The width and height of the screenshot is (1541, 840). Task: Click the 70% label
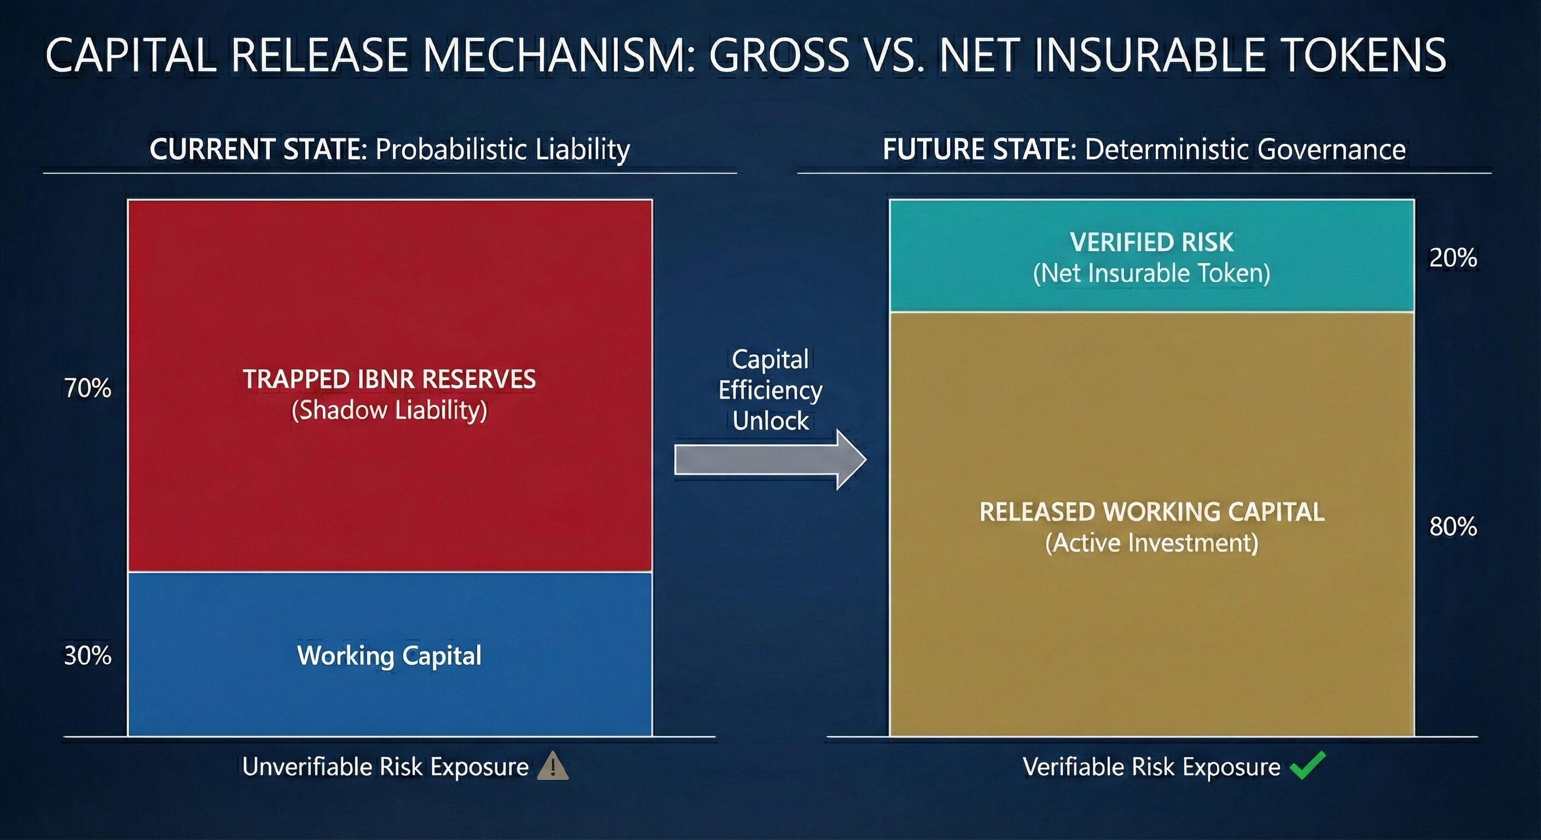88,388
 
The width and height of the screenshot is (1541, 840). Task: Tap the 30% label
88,656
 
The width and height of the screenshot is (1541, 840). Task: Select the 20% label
1453,258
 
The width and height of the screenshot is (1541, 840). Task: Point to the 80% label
1453,527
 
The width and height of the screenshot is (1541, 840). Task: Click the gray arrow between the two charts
770,459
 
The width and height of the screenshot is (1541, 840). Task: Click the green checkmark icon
1308,765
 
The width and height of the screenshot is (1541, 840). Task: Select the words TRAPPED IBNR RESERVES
390,379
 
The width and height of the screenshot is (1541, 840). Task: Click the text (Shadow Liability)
390,411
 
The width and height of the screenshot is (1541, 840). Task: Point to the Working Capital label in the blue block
390,656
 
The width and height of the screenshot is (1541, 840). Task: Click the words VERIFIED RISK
1151,242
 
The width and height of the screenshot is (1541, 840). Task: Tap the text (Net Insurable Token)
1151,273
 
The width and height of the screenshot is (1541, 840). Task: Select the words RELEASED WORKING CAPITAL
1151,512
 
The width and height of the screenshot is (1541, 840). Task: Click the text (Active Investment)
1151,543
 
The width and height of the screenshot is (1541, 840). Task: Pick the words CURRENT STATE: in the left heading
258,149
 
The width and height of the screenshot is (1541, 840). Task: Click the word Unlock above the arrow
770,421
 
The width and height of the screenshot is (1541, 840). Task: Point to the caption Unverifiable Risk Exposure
385,767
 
